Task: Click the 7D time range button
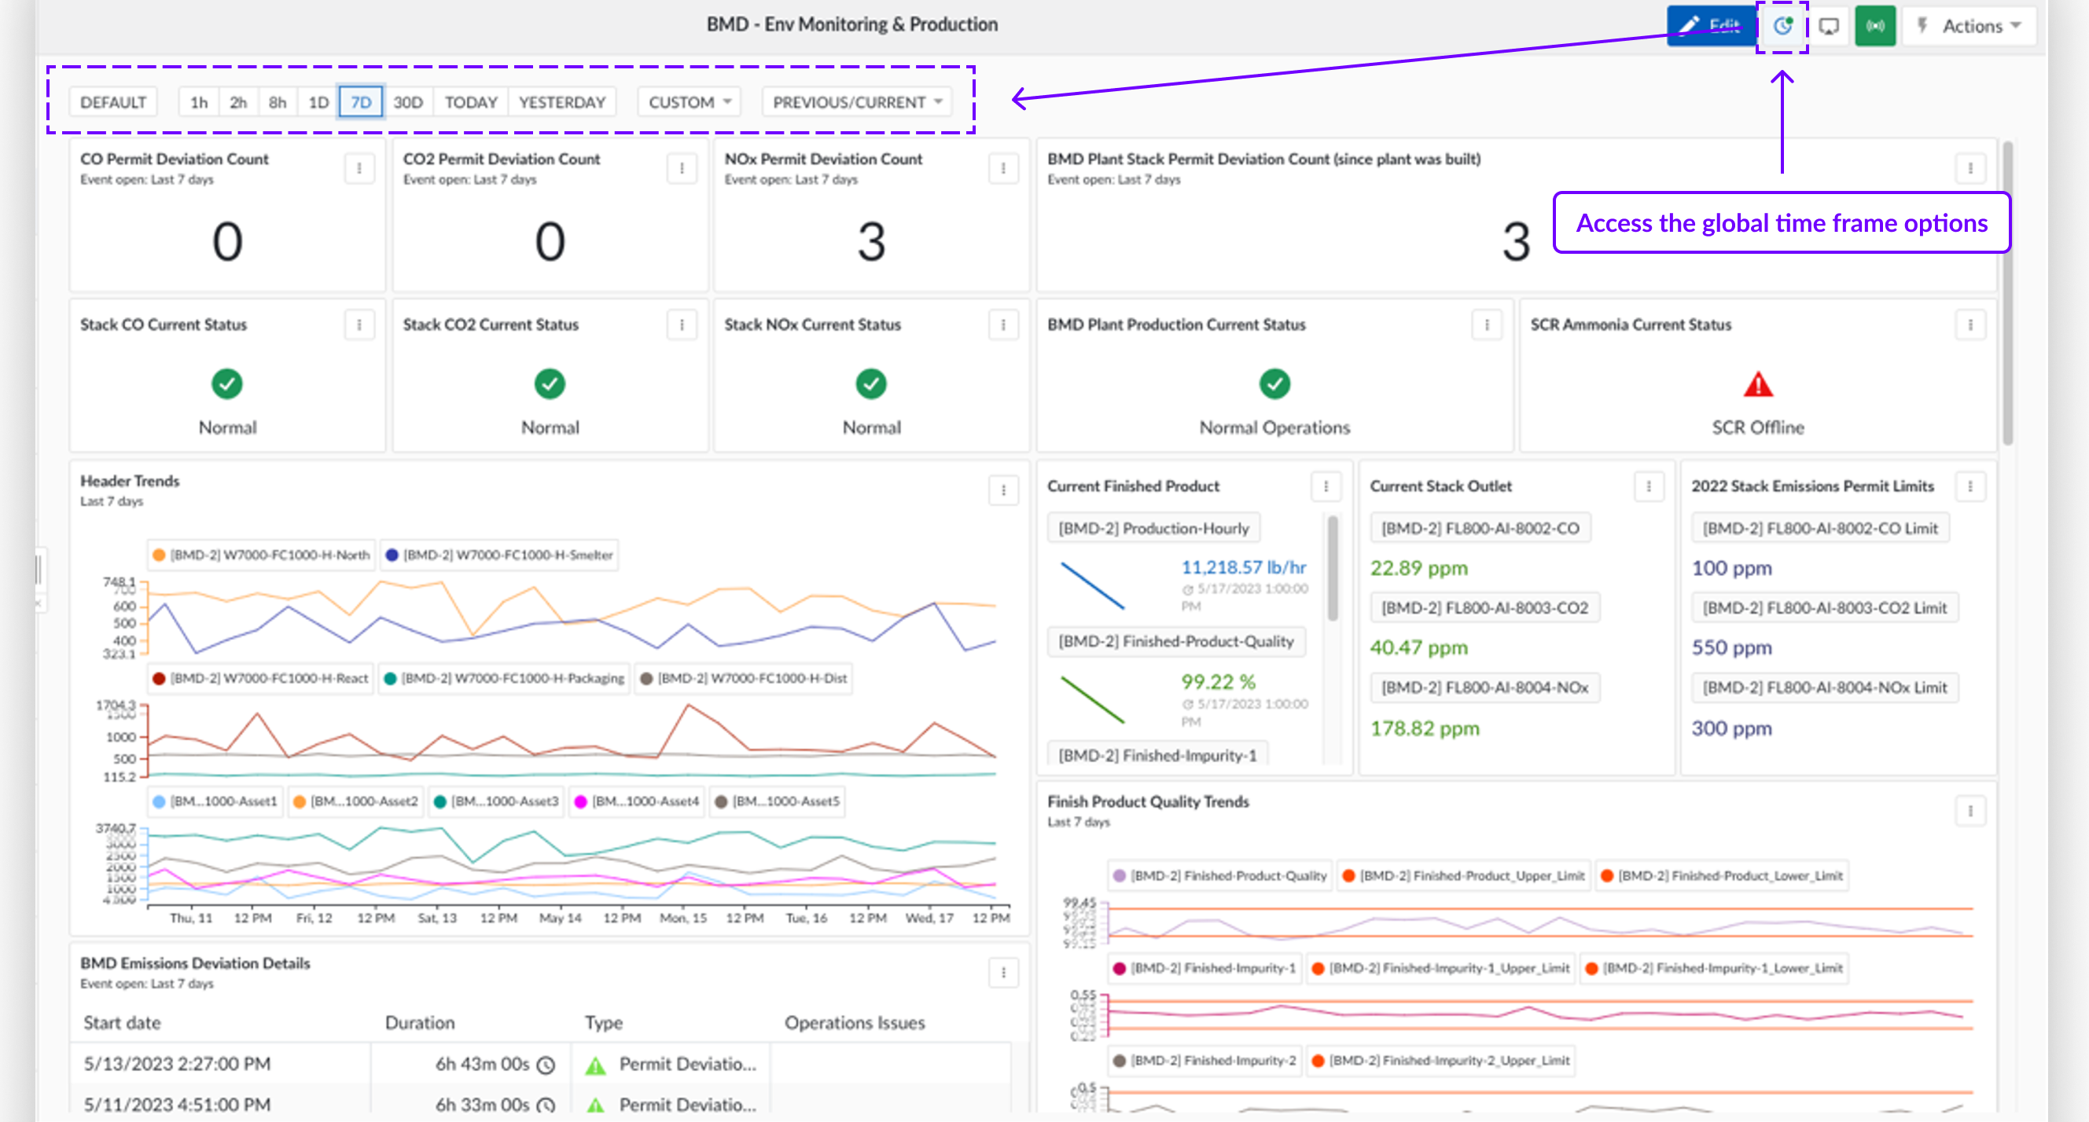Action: (361, 102)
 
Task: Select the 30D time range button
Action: (408, 102)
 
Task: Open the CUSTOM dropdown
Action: (690, 102)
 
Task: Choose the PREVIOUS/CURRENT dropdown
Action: (856, 102)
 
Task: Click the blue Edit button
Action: (1710, 26)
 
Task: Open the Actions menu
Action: (1970, 26)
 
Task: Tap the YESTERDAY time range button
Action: (562, 102)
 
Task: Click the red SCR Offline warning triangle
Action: (1757, 384)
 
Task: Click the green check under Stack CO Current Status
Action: (227, 383)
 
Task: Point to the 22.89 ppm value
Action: (1418, 568)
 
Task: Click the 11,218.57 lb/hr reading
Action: (1243, 567)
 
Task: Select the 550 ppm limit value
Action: (1731, 647)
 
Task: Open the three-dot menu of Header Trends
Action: (1003, 489)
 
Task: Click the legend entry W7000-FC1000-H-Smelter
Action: (500, 555)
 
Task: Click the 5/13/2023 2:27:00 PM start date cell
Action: (178, 1064)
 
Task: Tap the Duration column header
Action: (419, 1023)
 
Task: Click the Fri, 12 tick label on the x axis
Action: (314, 918)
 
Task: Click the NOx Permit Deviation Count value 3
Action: (871, 241)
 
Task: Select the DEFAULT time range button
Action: (113, 102)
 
